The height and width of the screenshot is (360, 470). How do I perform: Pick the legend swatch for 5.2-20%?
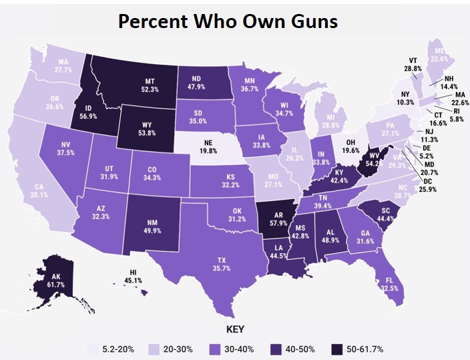[x=95, y=349]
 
